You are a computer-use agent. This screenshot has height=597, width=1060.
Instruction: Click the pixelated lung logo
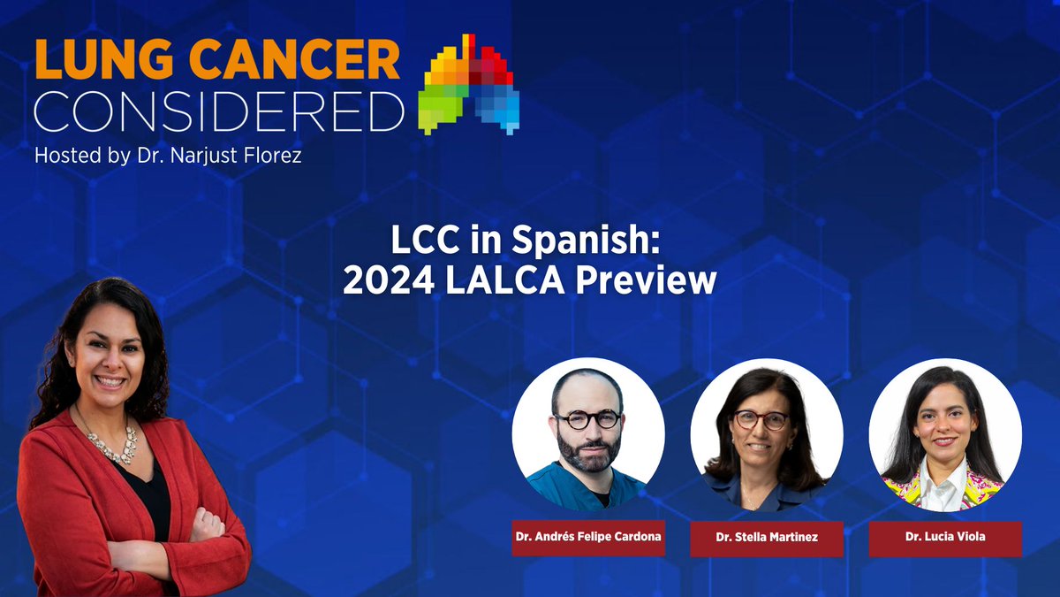[x=471, y=84]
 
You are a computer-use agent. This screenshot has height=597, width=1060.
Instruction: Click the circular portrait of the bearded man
[x=588, y=434]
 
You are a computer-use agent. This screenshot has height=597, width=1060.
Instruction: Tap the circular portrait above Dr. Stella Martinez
[x=767, y=434]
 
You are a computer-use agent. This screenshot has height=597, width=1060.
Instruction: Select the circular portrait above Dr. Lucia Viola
[x=945, y=434]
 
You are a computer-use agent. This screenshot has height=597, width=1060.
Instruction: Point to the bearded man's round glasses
[x=587, y=420]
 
